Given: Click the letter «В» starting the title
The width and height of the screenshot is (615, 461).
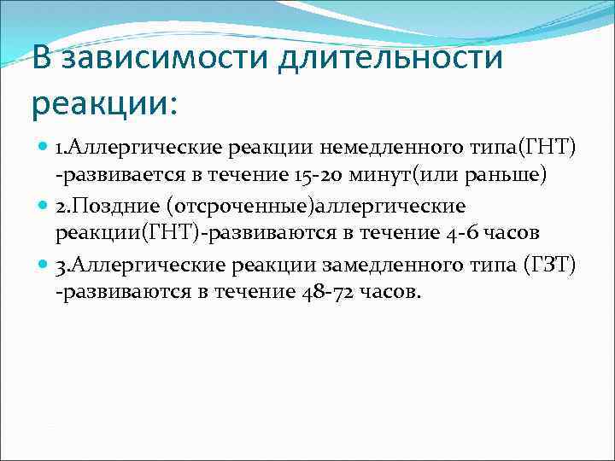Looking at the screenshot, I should [x=40, y=60].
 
